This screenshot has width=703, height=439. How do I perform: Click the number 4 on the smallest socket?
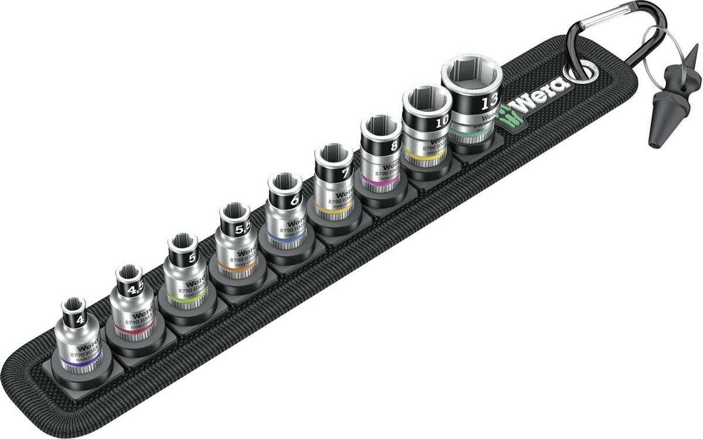coord(79,321)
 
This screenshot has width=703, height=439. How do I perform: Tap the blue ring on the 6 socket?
coord(280,240)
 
